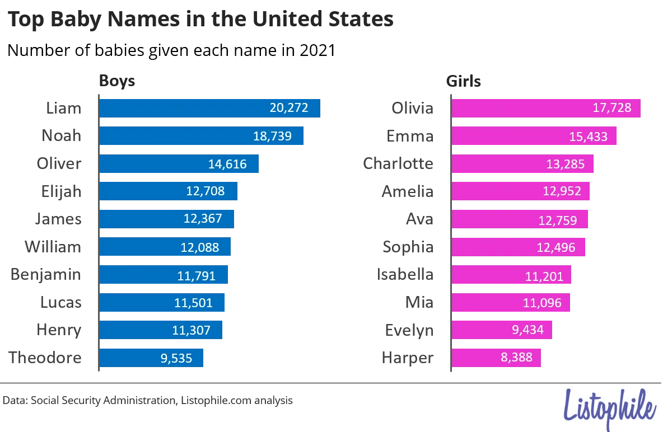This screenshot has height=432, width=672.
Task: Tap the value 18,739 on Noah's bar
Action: coord(272,136)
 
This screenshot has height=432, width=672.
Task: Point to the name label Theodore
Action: coord(45,358)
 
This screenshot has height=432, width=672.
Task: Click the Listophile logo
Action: coord(609,408)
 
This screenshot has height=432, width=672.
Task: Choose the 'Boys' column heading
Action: coord(117,81)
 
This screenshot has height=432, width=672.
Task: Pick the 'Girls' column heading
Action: coord(463,81)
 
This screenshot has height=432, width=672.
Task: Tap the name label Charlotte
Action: coord(398,163)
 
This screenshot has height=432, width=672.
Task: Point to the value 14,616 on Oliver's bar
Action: coord(227,164)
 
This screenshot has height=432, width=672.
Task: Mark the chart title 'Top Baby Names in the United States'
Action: coord(200,20)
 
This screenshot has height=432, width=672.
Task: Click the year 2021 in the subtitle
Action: coord(317,51)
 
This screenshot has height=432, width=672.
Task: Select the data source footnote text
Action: coord(148,401)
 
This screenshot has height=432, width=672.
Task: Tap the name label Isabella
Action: coord(405,275)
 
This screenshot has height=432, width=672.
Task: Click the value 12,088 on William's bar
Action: coord(199,247)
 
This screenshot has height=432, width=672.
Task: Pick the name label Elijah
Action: coord(61,191)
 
